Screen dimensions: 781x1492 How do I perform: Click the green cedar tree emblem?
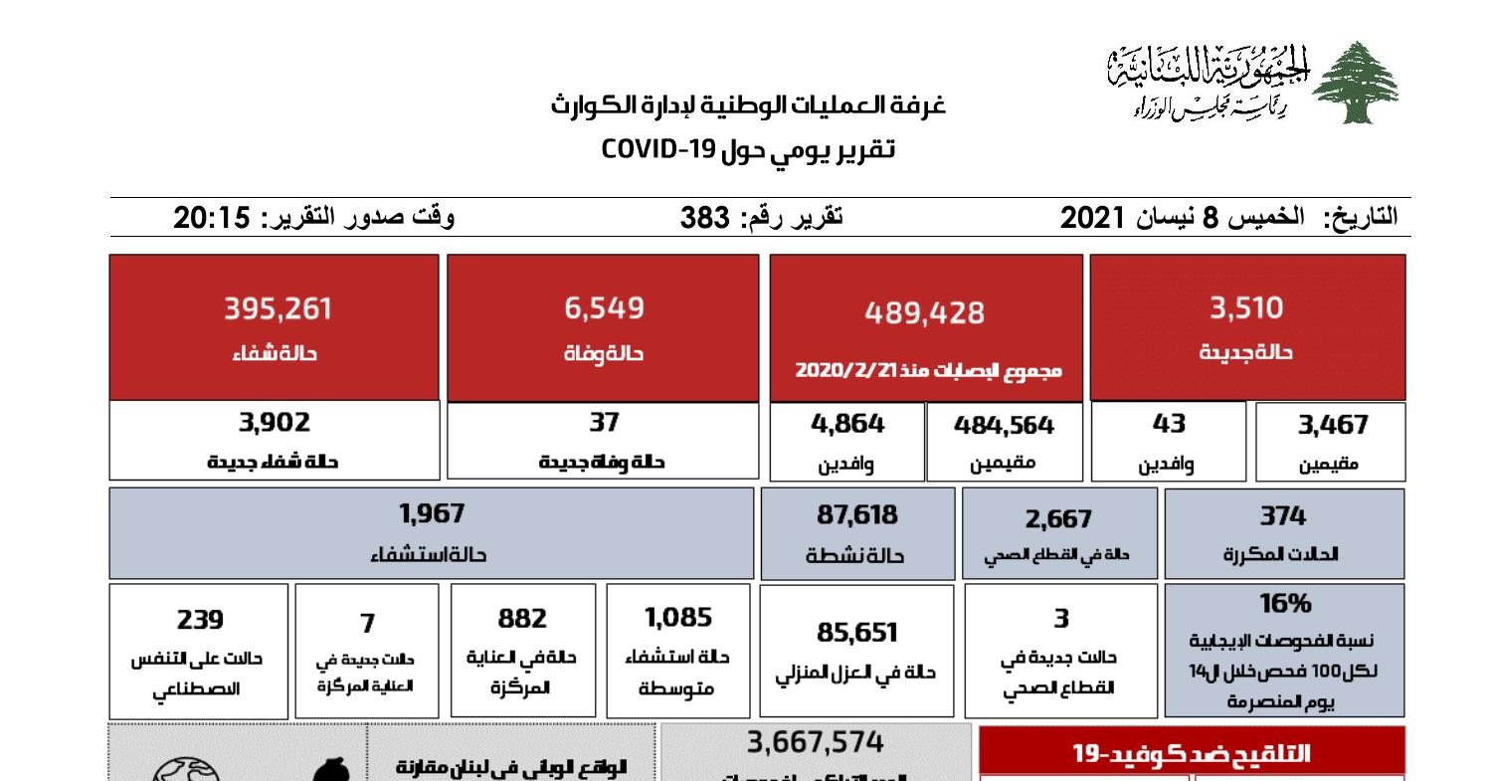[1355, 84]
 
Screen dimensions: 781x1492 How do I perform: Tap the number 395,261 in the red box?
[278, 309]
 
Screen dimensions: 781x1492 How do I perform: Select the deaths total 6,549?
[604, 308]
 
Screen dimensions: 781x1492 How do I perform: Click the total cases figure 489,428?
[925, 313]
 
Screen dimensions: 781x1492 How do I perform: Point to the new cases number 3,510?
[1246, 308]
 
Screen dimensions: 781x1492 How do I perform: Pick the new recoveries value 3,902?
[274, 423]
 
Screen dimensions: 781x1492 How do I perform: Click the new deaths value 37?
[604, 423]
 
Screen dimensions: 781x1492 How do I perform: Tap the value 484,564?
[1004, 426]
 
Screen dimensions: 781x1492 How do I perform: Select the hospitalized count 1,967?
[431, 514]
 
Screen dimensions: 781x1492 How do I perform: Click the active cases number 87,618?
[855, 515]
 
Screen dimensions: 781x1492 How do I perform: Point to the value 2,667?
[1058, 519]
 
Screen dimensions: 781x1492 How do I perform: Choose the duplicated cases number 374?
[1283, 515]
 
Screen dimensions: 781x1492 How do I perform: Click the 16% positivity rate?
[1283, 604]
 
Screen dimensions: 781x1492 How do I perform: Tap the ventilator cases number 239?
[200, 619]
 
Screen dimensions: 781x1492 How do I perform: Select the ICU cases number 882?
[522, 618]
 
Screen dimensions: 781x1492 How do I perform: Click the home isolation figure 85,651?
[855, 633]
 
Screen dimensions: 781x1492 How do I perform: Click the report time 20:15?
[211, 217]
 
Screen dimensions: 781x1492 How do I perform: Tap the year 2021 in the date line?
[1093, 217]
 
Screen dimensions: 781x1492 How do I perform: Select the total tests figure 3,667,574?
[816, 743]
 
